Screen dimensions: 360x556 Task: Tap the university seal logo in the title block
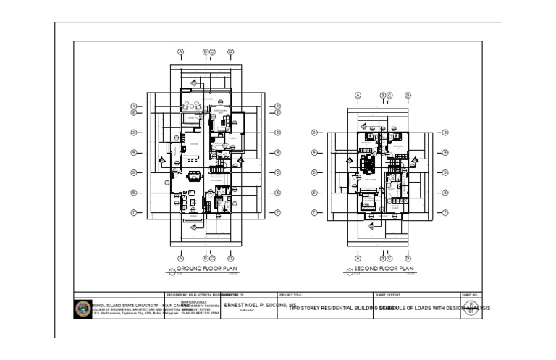pos(83,308)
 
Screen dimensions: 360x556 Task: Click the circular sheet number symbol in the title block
pos(471,307)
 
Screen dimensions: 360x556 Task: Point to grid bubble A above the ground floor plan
pos(181,52)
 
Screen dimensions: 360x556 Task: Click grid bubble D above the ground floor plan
pos(230,52)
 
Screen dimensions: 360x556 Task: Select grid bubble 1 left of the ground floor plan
pos(134,106)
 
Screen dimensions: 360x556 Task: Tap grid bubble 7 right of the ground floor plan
pos(277,213)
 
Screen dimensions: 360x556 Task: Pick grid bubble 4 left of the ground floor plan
pos(134,153)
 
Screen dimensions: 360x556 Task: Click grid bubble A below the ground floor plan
pos(181,257)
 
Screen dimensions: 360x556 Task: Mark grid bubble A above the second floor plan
pos(358,96)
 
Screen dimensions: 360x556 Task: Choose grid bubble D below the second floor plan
pos(408,257)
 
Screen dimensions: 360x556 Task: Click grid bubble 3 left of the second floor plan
pos(316,133)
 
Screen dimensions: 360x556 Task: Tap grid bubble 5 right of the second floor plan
pos(445,173)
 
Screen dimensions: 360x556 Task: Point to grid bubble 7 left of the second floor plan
pos(316,213)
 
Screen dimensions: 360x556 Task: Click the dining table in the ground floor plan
pos(193,175)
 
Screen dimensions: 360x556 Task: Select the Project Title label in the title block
pos(290,296)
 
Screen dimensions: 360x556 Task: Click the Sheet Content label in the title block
pos(384,296)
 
